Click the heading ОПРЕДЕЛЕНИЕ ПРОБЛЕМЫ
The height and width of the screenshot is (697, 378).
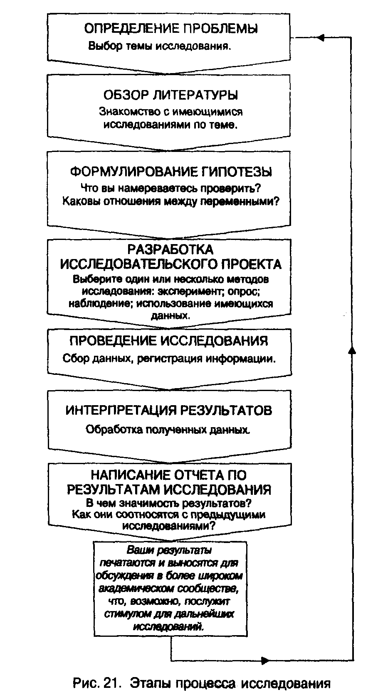(171, 28)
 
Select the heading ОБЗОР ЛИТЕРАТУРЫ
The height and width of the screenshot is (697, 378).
(170, 95)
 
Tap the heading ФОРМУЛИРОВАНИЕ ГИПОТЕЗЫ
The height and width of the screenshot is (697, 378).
(171, 171)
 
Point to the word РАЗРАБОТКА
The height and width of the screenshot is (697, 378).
(170, 249)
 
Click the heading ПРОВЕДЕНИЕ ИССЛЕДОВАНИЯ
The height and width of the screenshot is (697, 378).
(169, 341)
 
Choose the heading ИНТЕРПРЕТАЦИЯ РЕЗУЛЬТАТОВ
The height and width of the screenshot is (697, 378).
(169, 411)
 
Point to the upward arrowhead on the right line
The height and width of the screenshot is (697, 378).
(352, 350)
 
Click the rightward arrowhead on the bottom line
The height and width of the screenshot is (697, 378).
(265, 660)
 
